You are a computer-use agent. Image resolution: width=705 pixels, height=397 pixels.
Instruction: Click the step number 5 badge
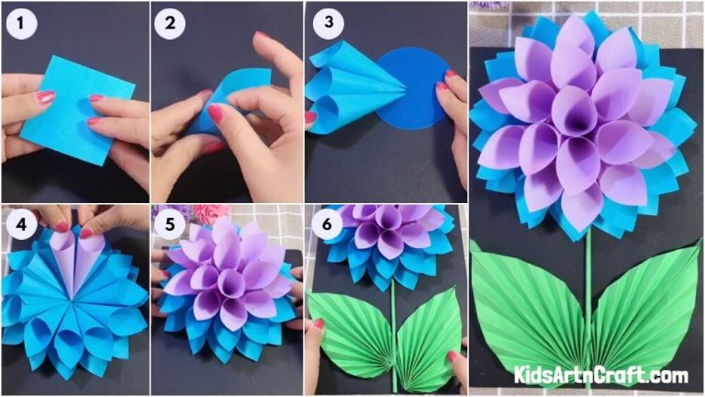coord(168,224)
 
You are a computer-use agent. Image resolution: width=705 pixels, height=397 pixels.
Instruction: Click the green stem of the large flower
coord(587,276)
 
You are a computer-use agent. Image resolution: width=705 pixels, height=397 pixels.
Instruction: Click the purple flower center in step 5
coord(225,276)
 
